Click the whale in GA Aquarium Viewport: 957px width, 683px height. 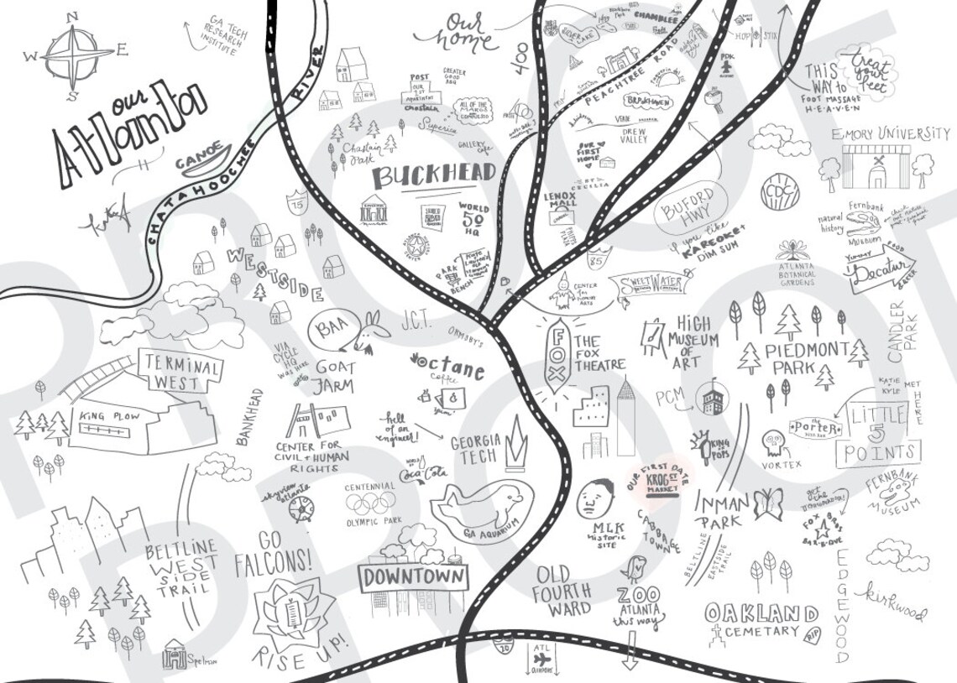[476, 507]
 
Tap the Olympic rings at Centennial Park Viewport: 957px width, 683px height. [370, 502]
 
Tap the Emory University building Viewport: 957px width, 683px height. [876, 167]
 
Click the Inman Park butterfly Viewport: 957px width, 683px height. [767, 505]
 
